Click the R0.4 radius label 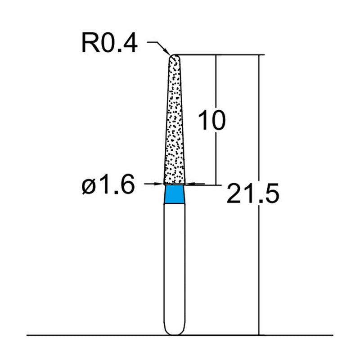[109, 44]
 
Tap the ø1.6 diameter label [108, 185]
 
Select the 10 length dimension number [211, 121]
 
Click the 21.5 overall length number [253, 194]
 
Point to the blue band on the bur [174, 195]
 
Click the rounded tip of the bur [174, 57]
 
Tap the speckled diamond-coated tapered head [174, 126]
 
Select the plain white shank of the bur [174, 265]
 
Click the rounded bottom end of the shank [174, 332]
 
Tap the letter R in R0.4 [89, 44]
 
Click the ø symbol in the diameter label [88, 185]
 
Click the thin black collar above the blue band [174, 184]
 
